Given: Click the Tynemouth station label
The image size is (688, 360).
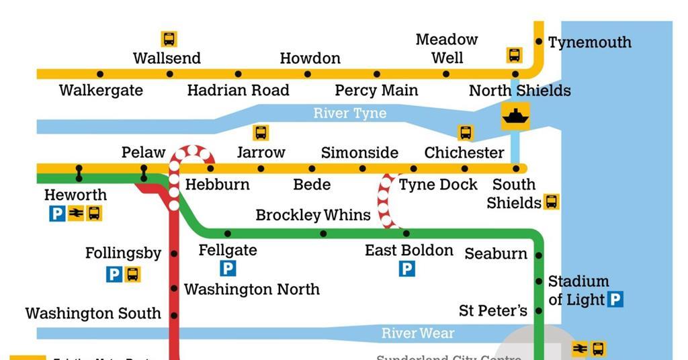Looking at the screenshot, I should pos(589,42).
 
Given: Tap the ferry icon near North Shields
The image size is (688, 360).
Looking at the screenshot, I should pos(515,116).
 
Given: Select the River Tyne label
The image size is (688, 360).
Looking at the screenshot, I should pos(350,113).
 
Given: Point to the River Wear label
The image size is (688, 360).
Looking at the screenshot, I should pos(418,333).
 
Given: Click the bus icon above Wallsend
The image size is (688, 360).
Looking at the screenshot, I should pos(169,39).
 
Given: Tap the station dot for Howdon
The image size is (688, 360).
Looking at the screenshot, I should pos(308,74).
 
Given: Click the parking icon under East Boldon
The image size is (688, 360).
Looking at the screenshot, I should pos(406,269).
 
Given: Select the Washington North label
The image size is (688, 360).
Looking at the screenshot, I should pos(252,289).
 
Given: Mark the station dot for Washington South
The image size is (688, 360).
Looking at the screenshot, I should pos(174,314).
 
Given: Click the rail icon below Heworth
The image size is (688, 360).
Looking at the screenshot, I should pos(75,214).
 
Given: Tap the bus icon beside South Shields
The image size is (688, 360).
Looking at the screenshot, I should pos(551,201).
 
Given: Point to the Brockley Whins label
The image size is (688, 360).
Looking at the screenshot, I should pos(313,215).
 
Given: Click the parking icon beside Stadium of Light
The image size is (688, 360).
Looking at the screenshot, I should pos(615,300).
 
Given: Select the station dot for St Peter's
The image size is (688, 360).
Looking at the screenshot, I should pos(539,311).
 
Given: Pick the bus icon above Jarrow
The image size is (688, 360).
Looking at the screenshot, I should pos(261,132).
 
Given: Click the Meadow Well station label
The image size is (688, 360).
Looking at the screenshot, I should pos(447,48).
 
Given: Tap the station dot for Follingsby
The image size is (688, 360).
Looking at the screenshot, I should pos(174,254).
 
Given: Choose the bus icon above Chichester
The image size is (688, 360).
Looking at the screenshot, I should pos(466,132).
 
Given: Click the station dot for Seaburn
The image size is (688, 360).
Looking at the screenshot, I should pos(539,255).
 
